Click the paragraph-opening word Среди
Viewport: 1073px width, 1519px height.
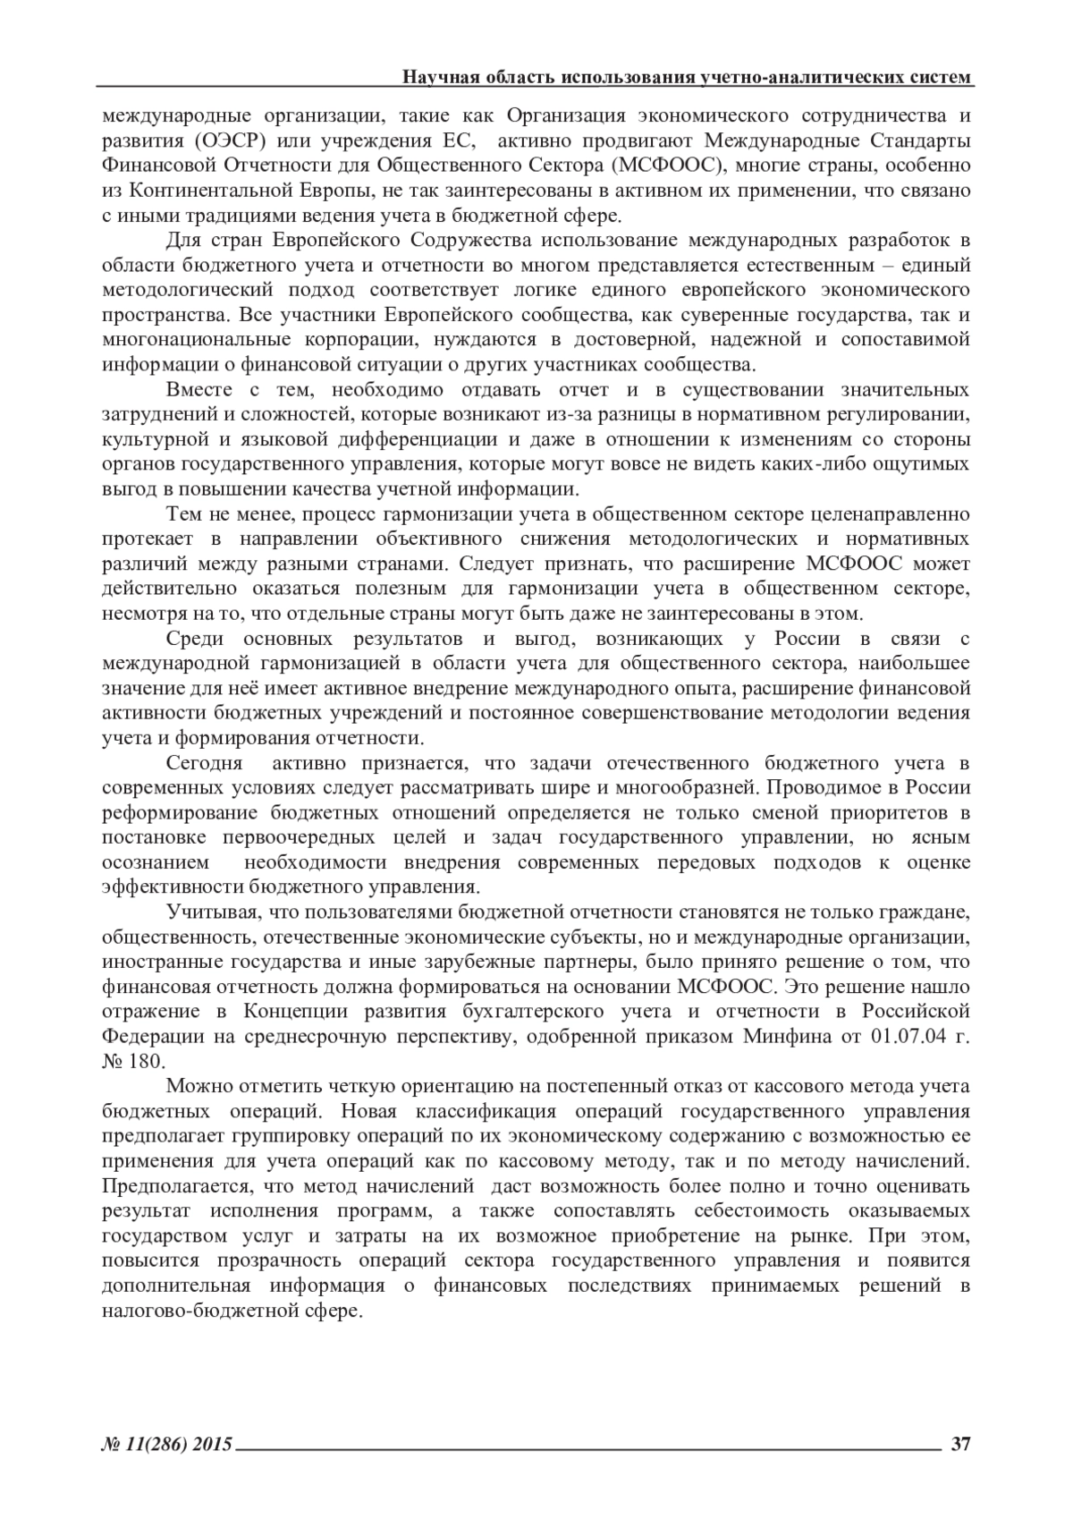192,639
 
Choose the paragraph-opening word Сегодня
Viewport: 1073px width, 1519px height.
205,763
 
